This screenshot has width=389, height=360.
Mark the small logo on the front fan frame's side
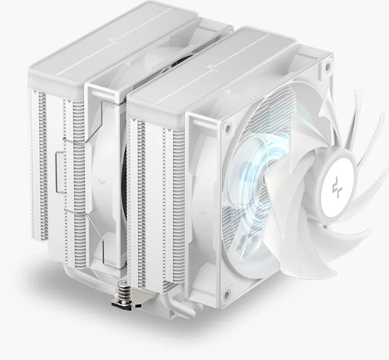[x=201, y=213]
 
